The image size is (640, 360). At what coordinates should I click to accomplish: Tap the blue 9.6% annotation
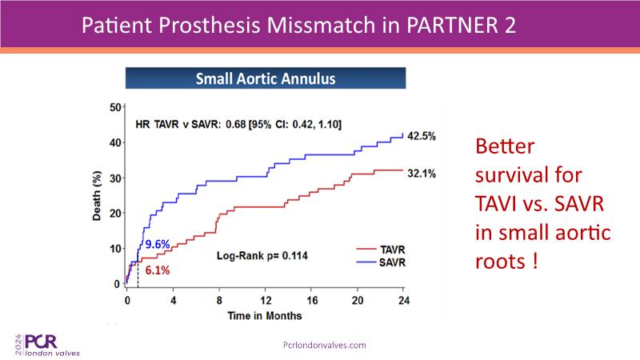(x=157, y=243)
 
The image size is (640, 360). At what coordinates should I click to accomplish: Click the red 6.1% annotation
(x=158, y=270)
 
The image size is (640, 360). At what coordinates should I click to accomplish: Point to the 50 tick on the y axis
(x=115, y=107)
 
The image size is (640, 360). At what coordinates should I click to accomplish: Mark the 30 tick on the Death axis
(x=115, y=178)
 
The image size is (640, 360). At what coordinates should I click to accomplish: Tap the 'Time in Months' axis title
(x=260, y=314)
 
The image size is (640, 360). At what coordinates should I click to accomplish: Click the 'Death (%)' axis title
(x=98, y=196)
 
